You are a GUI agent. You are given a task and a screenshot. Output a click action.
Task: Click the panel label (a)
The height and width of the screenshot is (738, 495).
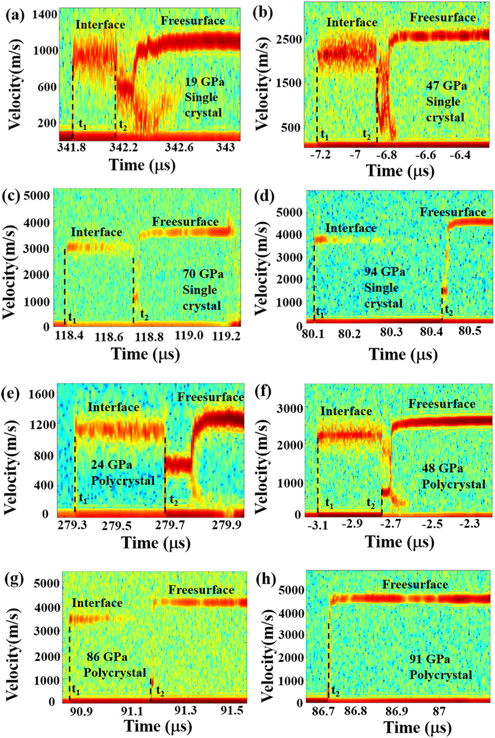[14, 16]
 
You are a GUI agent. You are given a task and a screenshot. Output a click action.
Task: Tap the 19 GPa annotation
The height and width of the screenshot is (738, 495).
[204, 82]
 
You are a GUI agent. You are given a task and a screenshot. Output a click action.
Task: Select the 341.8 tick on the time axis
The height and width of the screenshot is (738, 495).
[72, 147]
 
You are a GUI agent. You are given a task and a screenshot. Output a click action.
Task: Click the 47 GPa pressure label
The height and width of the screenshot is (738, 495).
[446, 86]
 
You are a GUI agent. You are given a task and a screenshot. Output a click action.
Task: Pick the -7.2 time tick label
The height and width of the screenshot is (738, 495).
[321, 154]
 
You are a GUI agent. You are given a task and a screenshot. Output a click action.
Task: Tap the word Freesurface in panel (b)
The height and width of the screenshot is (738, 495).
[443, 17]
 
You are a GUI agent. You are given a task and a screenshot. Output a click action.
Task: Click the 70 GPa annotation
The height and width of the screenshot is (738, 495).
[203, 274]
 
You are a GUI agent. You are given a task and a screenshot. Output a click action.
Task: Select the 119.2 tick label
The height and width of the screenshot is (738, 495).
[226, 336]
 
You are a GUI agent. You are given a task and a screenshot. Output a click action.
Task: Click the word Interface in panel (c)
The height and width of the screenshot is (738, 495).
[96, 232]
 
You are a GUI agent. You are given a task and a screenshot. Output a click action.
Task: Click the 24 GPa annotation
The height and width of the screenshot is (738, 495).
[111, 464]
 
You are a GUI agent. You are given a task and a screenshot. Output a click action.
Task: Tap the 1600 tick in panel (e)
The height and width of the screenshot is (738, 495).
[45, 393]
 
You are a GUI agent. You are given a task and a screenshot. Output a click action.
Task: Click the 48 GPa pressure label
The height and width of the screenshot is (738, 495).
[442, 468]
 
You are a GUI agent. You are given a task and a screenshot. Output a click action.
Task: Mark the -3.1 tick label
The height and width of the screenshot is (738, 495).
[318, 526]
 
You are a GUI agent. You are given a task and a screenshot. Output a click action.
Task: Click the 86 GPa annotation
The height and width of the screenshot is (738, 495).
[107, 657]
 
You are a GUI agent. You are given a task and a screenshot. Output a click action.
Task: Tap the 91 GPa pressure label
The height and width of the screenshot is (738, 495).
[430, 659]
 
